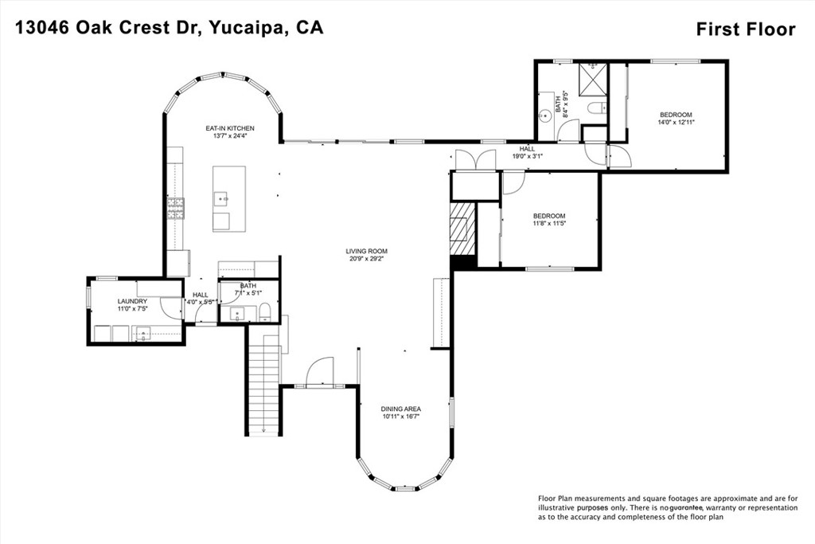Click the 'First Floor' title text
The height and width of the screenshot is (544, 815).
click(745, 29)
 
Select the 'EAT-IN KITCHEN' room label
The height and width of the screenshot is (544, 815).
click(229, 128)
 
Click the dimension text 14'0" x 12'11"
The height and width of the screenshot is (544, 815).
click(676, 123)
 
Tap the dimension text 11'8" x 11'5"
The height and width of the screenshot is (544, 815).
click(549, 224)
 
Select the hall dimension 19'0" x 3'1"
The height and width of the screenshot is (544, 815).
click(528, 157)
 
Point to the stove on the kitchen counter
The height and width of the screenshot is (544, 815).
click(175, 209)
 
